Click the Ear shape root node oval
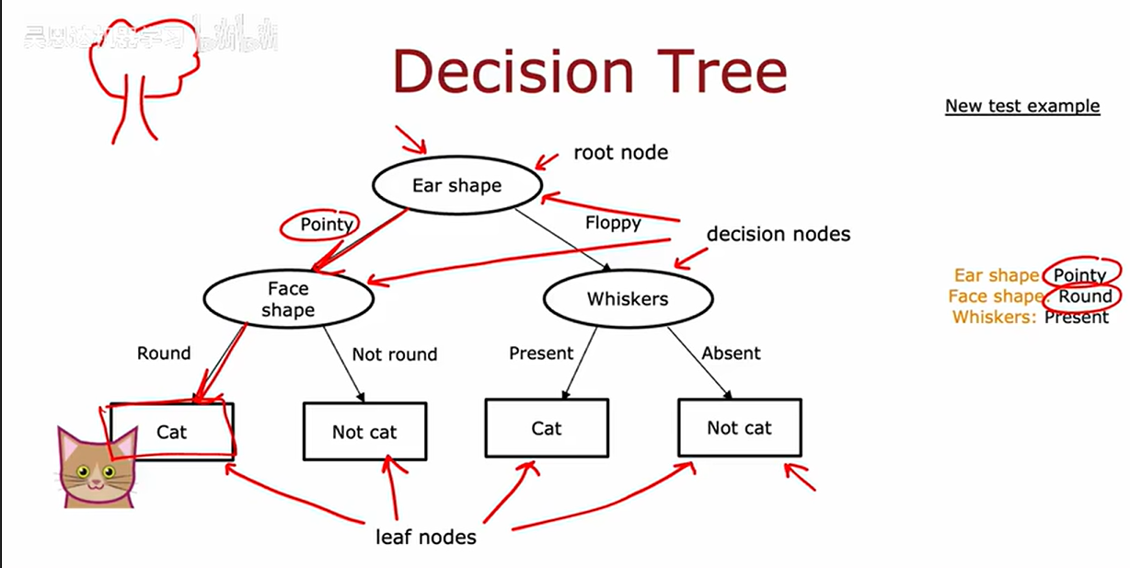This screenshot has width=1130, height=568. tap(456, 186)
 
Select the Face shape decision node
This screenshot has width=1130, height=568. tap(288, 298)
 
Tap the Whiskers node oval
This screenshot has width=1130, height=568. tap(628, 298)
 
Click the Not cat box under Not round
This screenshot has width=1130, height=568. tap(364, 432)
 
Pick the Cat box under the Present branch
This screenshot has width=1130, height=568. tap(547, 428)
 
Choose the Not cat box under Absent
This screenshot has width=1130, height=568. tap(739, 427)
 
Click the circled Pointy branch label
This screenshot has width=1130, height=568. tap(327, 225)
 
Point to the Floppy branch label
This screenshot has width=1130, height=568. tap(613, 223)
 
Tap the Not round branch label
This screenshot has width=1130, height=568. tap(395, 354)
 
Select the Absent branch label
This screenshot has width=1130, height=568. tap(732, 353)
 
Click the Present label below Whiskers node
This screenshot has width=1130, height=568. tap(541, 353)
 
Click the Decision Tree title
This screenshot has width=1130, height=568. tap(590, 71)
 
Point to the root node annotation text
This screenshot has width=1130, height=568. tap(621, 152)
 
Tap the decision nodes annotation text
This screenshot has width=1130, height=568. tap(778, 234)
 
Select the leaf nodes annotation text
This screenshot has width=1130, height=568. tap(426, 536)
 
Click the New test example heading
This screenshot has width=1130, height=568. tap(1022, 106)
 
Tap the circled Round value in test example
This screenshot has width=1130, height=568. tap(1085, 296)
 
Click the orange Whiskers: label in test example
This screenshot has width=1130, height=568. tap(995, 317)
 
